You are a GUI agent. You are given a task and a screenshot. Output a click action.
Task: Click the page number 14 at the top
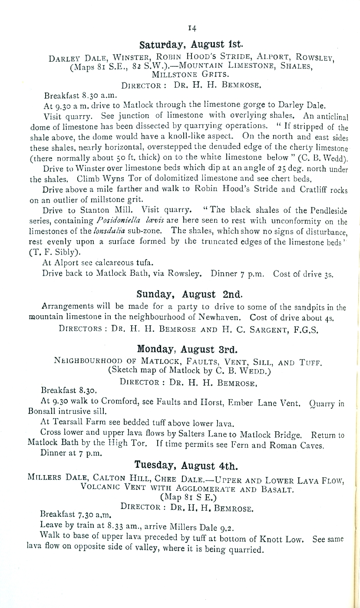[x=192, y=28]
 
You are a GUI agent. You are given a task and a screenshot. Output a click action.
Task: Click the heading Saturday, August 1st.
[x=192, y=45]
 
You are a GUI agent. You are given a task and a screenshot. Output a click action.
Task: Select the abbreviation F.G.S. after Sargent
[x=306, y=329]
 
